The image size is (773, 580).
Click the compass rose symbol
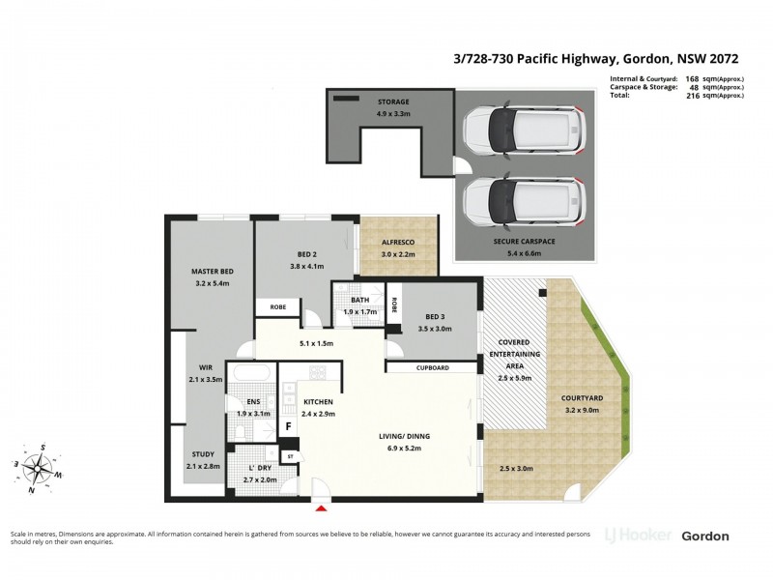coord(39,469)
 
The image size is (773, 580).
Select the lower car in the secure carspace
coord(522,199)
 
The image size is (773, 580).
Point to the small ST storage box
coord(289,455)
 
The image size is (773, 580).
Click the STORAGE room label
coord(393,101)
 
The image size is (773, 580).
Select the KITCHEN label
coord(319,401)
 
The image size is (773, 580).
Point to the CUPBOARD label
coord(432,367)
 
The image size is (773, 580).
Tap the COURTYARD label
coord(582,398)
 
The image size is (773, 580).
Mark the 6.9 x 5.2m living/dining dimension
coord(404,449)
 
